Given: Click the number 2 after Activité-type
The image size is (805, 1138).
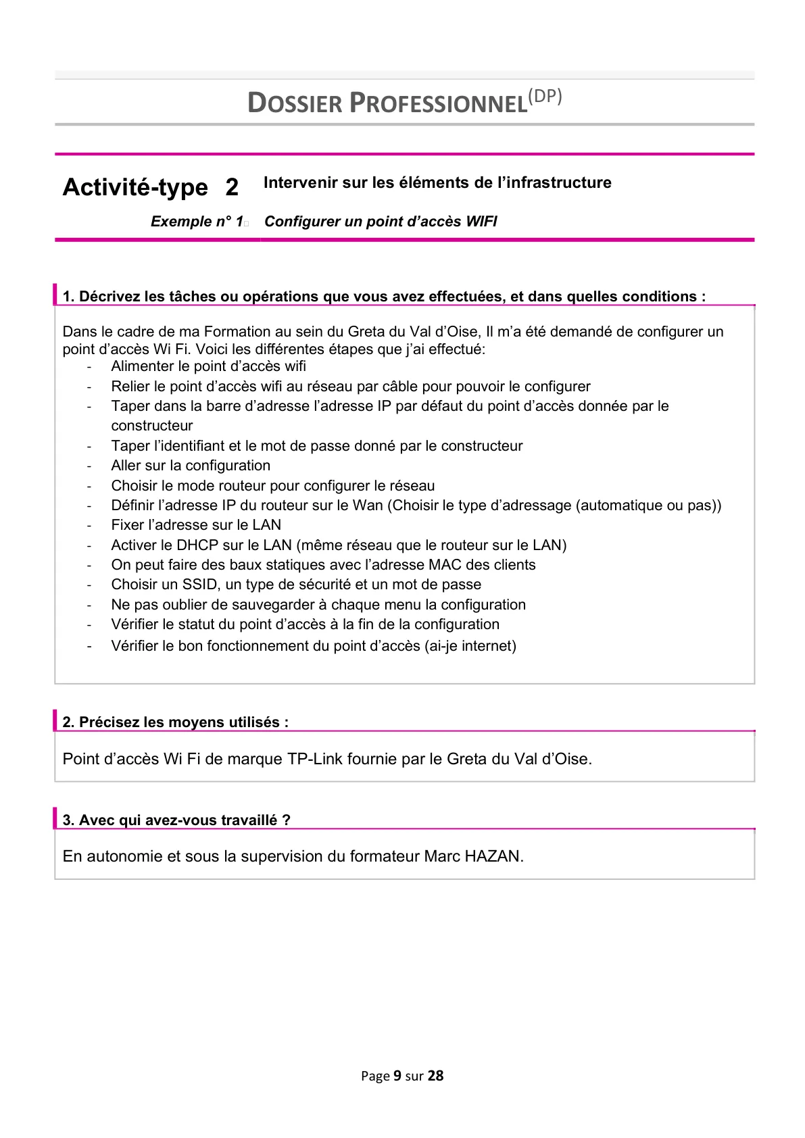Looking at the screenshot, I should point(232,187).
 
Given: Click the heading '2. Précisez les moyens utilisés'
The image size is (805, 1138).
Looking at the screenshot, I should point(176,722).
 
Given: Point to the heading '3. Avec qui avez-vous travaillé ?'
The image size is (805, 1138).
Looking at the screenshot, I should point(176,820).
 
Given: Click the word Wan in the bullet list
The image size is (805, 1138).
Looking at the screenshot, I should point(368,505).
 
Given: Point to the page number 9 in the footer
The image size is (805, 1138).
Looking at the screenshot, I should point(397,1076).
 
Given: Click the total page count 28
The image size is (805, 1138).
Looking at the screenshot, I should point(436,1076).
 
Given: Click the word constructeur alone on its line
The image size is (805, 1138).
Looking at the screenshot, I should point(152,426).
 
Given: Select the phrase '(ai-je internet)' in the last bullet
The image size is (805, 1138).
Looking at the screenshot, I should point(470,646).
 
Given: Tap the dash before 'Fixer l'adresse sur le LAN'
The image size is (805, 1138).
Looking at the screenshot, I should point(89,526).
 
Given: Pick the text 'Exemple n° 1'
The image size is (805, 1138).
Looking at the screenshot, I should point(197,222).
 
